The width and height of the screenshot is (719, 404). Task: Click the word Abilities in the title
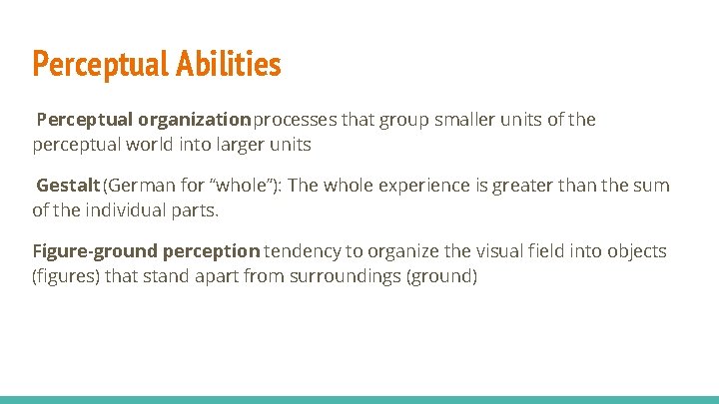pos(230,65)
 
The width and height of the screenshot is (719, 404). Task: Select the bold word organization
pos(195,121)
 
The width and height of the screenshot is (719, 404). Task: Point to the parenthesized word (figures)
pos(66,276)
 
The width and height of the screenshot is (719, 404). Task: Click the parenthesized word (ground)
pos(441,276)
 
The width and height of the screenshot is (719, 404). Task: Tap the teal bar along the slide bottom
pos(359,399)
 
